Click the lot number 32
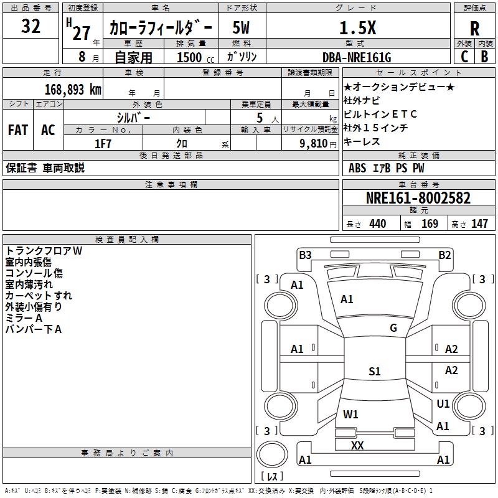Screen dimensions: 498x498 (x=31, y=27)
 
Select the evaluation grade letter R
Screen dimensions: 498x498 (x=474, y=28)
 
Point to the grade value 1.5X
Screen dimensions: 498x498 (x=357, y=28)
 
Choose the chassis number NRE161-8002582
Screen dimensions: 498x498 (x=418, y=199)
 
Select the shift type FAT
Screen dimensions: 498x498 (x=18, y=130)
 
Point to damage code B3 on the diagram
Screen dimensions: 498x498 (x=305, y=255)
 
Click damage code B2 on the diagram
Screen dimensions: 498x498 (x=444, y=255)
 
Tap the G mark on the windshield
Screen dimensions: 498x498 (x=393, y=328)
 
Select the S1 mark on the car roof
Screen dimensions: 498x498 (x=374, y=372)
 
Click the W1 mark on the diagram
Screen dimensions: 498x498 (x=350, y=414)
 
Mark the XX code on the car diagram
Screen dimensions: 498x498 (x=357, y=446)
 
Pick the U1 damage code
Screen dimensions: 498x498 (x=443, y=404)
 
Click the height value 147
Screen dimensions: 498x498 (x=479, y=224)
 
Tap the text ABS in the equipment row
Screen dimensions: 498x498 (x=357, y=168)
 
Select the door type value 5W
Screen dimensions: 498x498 (x=241, y=28)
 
